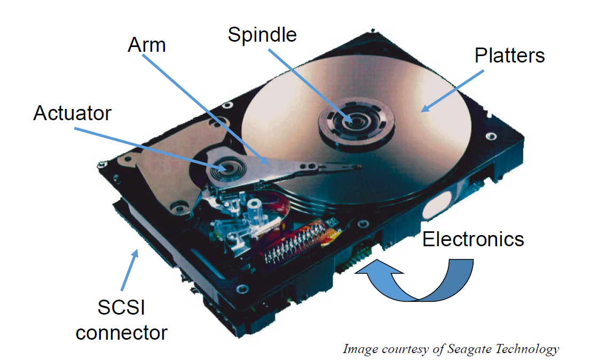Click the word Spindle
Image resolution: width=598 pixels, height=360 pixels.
(262, 35)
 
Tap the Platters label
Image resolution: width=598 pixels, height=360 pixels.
(509, 56)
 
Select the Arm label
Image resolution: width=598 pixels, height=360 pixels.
(147, 45)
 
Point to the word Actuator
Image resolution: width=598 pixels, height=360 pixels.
(72, 113)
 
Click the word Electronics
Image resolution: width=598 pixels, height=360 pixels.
(473, 239)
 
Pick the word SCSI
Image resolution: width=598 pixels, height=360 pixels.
(121, 308)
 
